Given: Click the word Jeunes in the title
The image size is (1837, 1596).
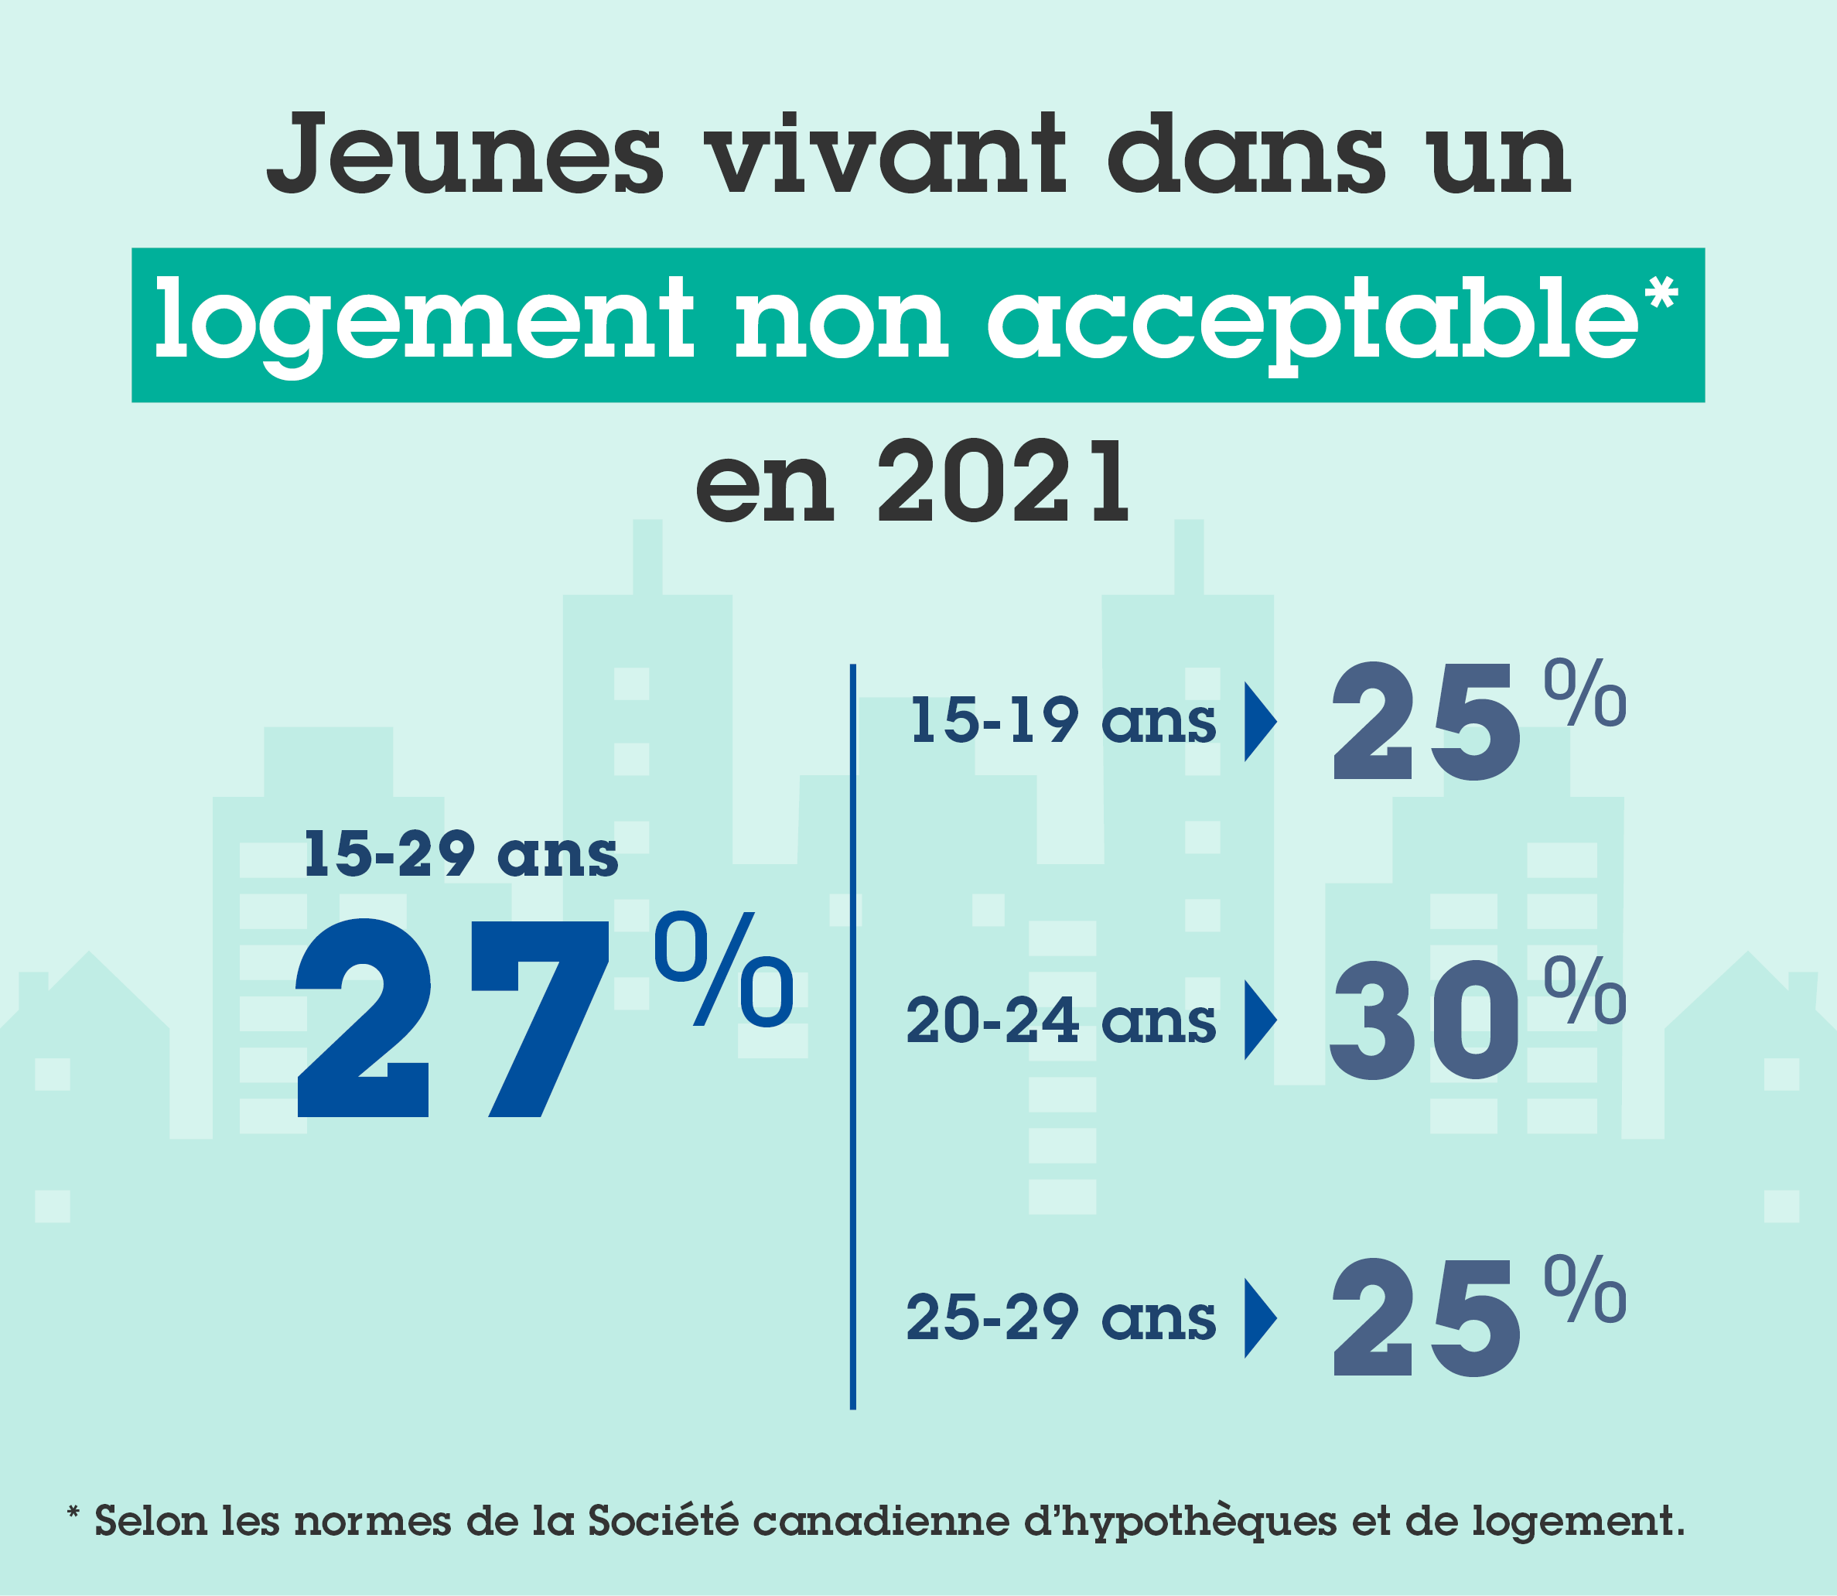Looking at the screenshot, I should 465,154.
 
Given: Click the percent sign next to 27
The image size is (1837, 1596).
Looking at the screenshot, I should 723,969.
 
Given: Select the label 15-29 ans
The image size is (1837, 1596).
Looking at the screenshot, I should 460,854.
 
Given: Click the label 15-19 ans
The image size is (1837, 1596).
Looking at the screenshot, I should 1062,720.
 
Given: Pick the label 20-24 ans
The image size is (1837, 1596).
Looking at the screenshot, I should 1060,1020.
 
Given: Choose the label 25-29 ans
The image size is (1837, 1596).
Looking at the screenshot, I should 1060,1319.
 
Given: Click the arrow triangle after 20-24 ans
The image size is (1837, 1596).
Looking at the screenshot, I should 1258,1020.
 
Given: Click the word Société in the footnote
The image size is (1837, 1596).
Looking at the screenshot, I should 663,1520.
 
